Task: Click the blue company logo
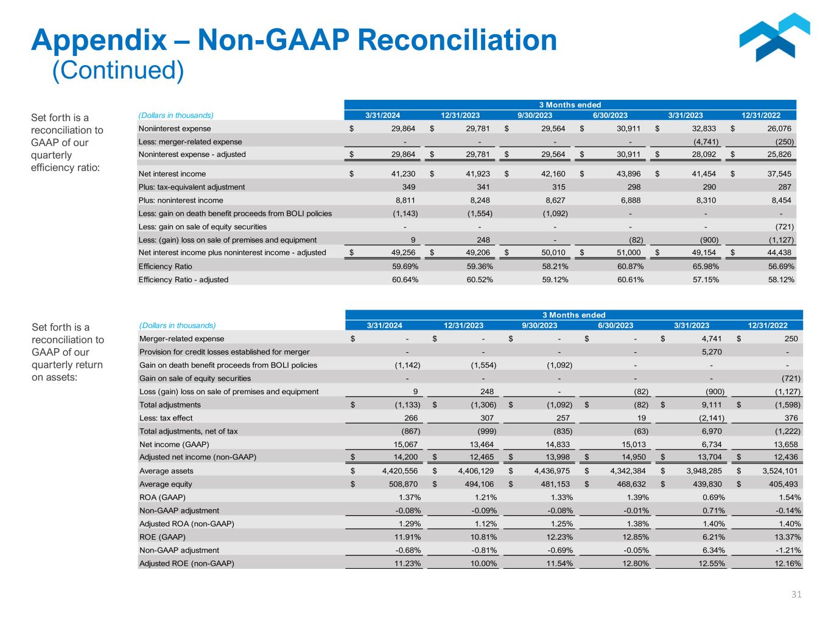(x=774, y=38)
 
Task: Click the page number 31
(x=796, y=594)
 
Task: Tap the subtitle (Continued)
(x=117, y=70)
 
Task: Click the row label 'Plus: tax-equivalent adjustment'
(x=191, y=187)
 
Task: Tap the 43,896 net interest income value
(x=628, y=174)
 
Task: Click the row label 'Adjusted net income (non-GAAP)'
(x=198, y=457)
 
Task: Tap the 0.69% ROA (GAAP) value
(x=712, y=497)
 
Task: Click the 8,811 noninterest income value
(x=404, y=200)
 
